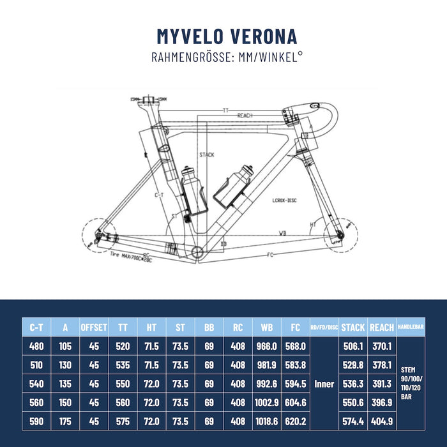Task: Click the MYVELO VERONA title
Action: (x=227, y=36)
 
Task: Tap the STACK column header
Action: (x=352, y=327)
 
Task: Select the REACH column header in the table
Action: (x=382, y=327)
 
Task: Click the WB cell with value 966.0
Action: (x=265, y=346)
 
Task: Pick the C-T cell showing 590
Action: (x=36, y=421)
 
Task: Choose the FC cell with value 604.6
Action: (x=294, y=403)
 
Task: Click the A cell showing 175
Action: (x=65, y=421)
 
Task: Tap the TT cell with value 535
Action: (x=123, y=365)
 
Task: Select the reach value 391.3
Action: (x=382, y=384)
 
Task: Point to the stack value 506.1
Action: (x=352, y=346)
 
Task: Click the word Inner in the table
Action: (x=324, y=384)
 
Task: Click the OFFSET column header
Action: (x=94, y=327)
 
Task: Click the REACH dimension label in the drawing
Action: (x=245, y=116)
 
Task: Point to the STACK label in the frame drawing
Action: (x=206, y=155)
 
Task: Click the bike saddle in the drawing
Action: (x=148, y=99)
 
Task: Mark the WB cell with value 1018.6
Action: (x=265, y=421)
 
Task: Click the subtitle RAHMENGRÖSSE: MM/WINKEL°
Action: (x=227, y=57)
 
